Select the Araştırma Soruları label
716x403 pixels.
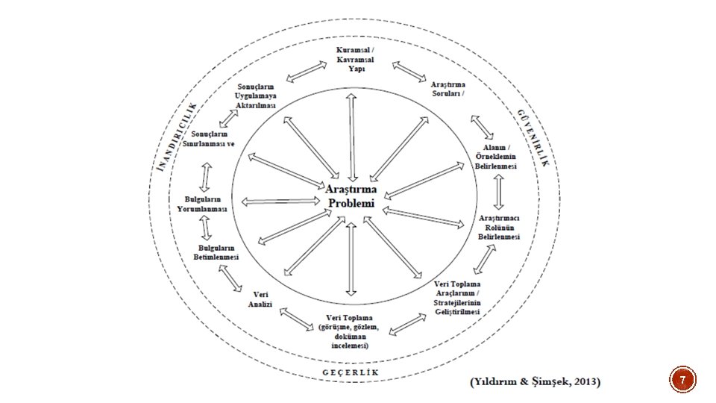tap(448, 90)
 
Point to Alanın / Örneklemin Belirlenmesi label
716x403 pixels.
tap(496, 157)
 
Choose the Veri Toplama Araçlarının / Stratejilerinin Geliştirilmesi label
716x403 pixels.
tap(458, 298)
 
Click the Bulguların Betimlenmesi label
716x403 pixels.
tap(216, 252)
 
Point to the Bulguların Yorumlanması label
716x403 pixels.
tap(202, 204)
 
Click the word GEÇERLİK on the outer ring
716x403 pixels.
tap(351, 372)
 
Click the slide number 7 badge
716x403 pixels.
tap(681, 382)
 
